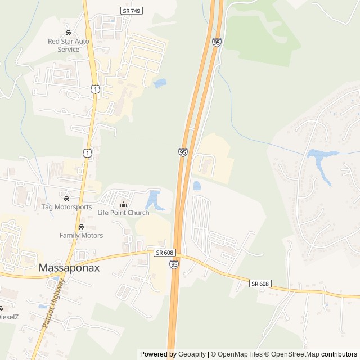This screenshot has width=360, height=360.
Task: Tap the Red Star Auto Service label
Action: click(68, 45)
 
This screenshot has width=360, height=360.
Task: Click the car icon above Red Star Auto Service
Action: click(69, 33)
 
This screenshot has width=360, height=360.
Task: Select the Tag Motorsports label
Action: click(66, 207)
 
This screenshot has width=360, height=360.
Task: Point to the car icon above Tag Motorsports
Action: click(66, 198)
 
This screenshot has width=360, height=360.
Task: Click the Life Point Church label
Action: click(123, 213)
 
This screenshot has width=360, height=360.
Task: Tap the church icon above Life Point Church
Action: click(123, 204)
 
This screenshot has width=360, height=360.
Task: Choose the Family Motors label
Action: click(81, 235)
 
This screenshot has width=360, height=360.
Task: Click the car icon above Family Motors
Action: click(81, 227)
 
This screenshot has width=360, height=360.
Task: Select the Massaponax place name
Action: click(69, 268)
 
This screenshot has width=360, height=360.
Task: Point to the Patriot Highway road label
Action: click(54, 306)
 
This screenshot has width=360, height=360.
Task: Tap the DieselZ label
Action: click(8, 317)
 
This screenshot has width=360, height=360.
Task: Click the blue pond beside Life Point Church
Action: click(153, 200)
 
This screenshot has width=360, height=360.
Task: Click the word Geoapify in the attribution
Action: click(192, 354)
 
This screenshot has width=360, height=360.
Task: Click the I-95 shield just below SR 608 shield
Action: click(174, 263)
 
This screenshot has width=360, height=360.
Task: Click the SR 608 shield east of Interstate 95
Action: click(260, 283)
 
